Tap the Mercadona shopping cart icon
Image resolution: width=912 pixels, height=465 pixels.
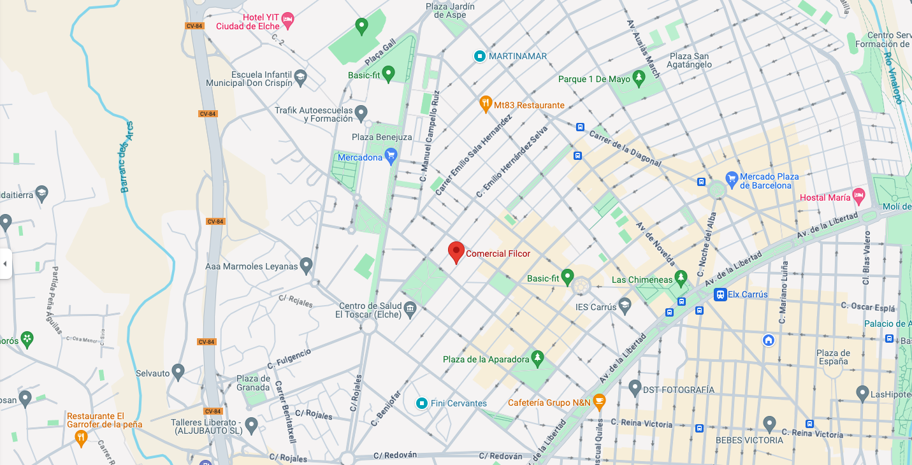tap(391, 156)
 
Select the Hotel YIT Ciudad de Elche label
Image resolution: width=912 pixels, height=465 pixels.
tap(248, 22)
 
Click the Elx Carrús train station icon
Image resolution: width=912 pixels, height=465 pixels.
tap(720, 294)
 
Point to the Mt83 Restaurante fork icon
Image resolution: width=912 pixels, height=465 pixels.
tap(486, 104)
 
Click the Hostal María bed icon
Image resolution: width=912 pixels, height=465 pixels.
tap(858, 196)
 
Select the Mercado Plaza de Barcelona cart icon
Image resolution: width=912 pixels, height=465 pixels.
tap(731, 178)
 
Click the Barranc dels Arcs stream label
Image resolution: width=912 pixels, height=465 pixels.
tap(126, 157)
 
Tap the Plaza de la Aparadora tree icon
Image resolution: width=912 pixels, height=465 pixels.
tap(538, 359)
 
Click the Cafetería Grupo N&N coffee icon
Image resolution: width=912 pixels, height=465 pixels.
tap(598, 402)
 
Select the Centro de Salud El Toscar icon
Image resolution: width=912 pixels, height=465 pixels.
tap(410, 310)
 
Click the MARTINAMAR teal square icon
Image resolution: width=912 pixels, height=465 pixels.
tap(480, 56)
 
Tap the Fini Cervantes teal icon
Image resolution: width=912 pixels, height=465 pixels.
tap(421, 403)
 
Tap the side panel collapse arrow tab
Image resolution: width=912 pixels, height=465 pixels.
tap(5, 264)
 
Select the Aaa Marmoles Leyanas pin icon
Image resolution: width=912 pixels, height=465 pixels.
tap(306, 265)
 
